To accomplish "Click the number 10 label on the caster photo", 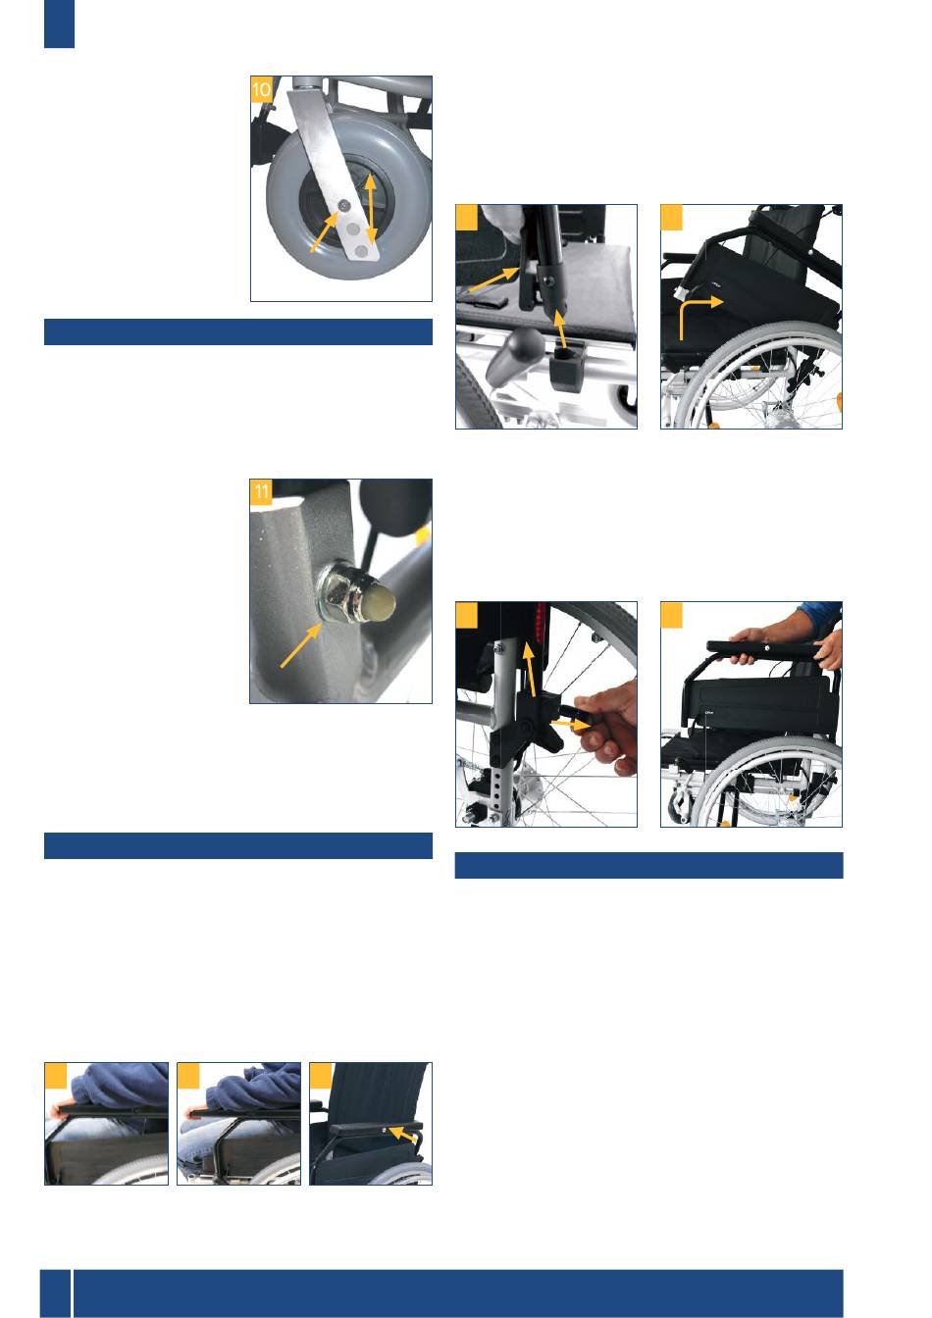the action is pos(261,89).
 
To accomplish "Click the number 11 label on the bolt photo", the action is pos(261,492).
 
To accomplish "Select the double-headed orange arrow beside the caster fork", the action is pos(370,208).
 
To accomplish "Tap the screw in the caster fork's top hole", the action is pos(344,205).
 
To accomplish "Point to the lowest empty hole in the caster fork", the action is pos(362,251).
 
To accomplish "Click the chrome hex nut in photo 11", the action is pos(336,596).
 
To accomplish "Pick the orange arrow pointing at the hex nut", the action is pos(301,645).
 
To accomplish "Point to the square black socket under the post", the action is pos(566,364).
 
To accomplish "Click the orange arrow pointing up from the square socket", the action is pos(560,329).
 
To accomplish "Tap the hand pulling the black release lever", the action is pos(606,728).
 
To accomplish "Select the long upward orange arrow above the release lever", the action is pos(531,669).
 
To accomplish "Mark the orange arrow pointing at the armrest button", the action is pos(404,1134).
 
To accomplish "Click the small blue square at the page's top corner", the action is pos(60,24).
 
